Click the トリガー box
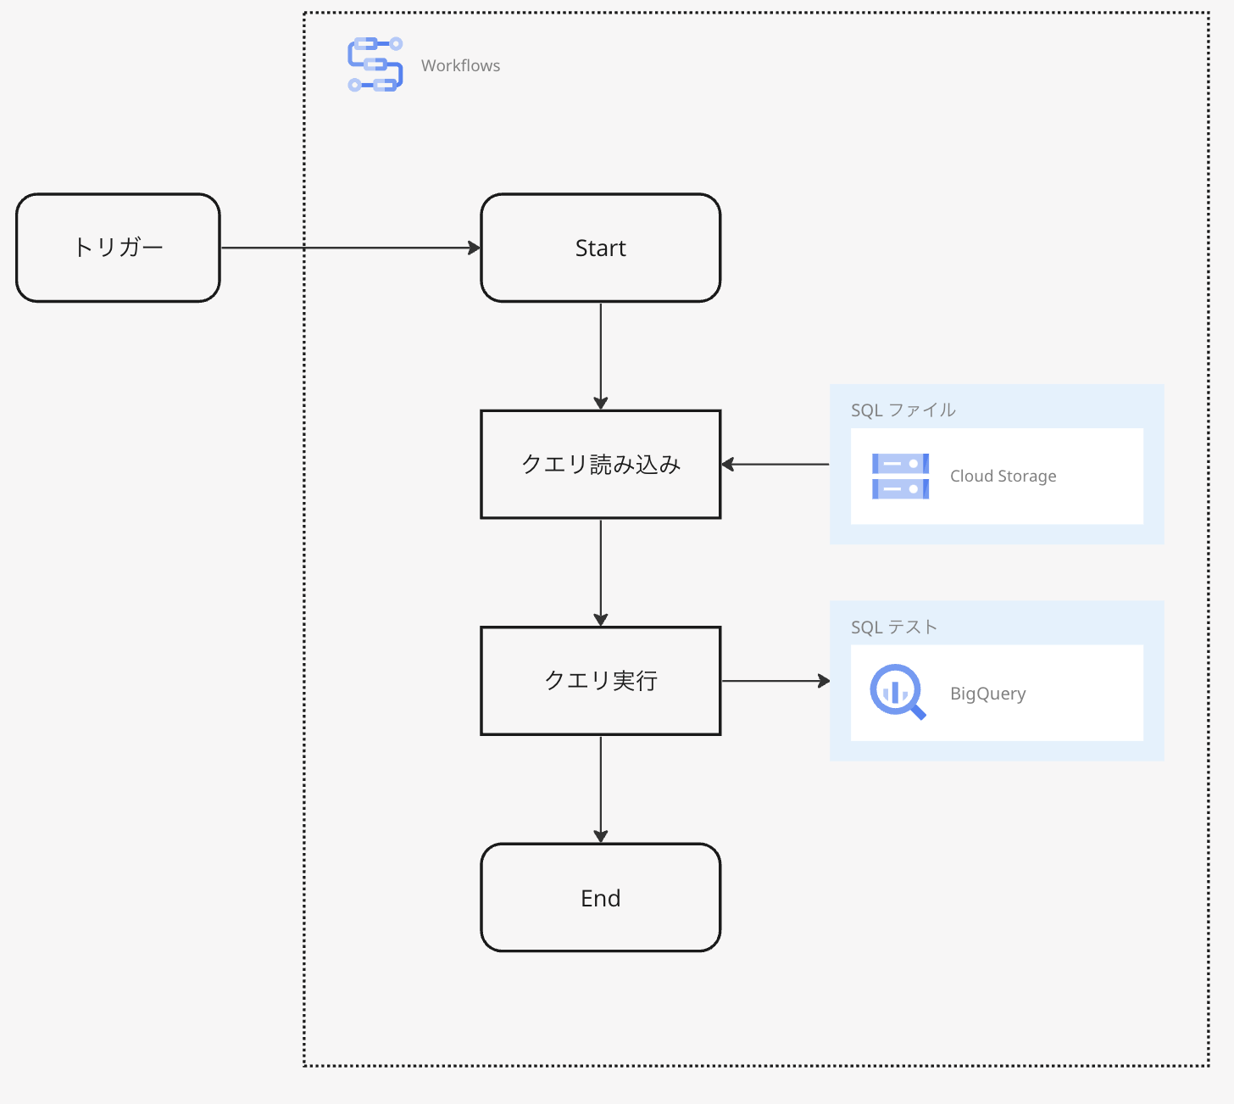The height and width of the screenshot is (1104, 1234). (x=118, y=248)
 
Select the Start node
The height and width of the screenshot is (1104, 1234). (x=600, y=248)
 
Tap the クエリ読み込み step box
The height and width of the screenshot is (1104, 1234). (x=600, y=465)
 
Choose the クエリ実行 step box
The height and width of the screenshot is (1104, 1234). (x=600, y=681)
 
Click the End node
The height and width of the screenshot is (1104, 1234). (x=600, y=898)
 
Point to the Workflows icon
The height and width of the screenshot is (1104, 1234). (x=375, y=64)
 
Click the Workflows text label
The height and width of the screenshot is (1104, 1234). (x=460, y=66)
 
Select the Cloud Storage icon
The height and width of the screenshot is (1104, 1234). (x=900, y=477)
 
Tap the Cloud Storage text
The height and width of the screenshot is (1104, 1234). (x=1003, y=477)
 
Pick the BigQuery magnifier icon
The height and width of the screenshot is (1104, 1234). (x=897, y=692)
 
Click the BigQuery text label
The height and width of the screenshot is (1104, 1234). (x=987, y=694)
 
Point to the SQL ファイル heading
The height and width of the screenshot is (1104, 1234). (x=903, y=410)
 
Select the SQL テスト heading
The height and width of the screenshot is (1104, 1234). (x=893, y=627)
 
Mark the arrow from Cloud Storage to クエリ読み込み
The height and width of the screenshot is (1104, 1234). (x=775, y=465)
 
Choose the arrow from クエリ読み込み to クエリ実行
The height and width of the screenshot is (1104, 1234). (x=600, y=572)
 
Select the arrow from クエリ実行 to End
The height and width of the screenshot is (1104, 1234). (x=600, y=788)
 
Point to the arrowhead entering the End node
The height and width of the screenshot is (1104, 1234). (x=600, y=837)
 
